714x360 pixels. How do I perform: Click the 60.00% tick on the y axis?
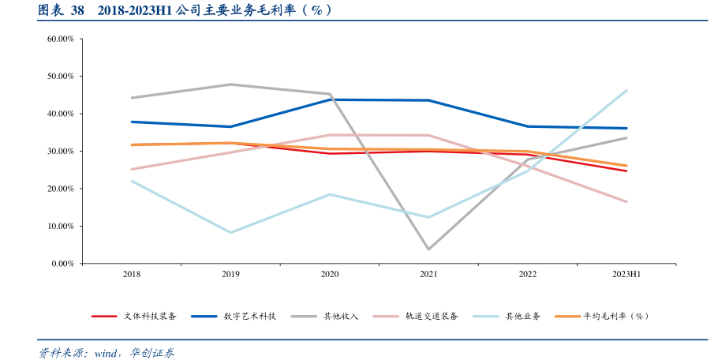pos(61,39)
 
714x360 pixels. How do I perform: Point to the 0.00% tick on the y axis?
pos(62,264)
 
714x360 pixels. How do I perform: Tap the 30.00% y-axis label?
pos(61,151)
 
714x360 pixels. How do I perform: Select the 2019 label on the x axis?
pos(230,274)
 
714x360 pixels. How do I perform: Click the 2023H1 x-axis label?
pos(626,274)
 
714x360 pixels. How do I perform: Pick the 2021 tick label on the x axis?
pos(428,274)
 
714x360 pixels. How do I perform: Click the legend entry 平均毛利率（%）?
pos(616,316)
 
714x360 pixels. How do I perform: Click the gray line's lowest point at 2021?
pos(428,249)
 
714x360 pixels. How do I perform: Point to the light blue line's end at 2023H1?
pos(626,90)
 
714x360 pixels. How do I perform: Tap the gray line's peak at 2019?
pos(230,84)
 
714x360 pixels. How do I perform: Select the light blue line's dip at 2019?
pos(230,232)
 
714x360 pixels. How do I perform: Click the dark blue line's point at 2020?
pos(330,99)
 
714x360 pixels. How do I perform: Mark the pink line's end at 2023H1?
pos(626,201)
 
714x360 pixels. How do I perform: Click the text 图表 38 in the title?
pos(61,10)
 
